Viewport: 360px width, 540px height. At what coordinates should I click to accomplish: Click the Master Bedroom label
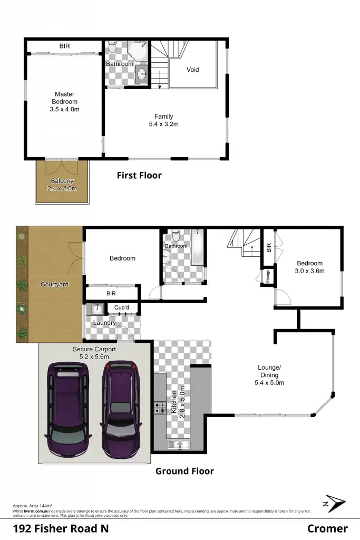point(64,98)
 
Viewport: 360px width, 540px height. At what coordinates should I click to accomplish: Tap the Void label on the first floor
point(193,70)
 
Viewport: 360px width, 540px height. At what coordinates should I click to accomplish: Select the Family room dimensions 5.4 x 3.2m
point(163,124)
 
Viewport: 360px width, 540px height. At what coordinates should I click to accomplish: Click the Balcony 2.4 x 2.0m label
point(62,185)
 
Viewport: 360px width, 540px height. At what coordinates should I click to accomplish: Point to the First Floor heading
point(139,176)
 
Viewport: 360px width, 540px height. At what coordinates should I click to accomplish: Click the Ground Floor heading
point(184,471)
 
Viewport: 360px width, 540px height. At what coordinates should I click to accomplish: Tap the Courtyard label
point(54,285)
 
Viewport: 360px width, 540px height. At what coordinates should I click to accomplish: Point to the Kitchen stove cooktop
point(160,407)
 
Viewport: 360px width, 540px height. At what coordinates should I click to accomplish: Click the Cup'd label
point(122,307)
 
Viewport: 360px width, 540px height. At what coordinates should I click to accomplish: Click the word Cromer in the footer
point(327,528)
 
